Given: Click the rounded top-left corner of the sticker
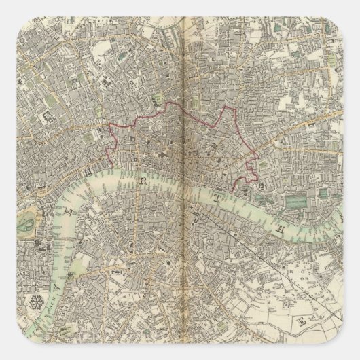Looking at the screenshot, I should click(x=8, y=8).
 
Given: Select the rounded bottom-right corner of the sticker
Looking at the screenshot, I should click(x=352, y=352).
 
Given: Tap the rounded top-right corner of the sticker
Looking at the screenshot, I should click(x=352, y=8).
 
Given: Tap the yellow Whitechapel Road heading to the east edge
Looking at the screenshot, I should click(x=319, y=136).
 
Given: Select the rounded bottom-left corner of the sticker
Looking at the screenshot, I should click(x=8, y=352).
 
